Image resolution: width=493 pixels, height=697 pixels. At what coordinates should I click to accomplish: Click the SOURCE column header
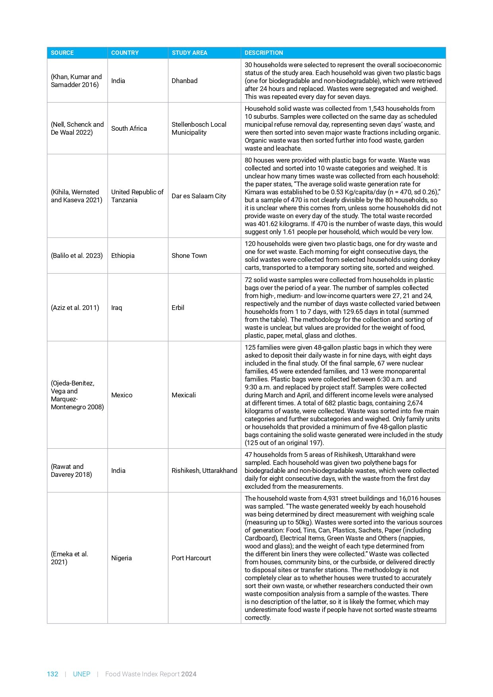62,53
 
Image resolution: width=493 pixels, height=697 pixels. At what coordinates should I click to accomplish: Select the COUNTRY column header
125,53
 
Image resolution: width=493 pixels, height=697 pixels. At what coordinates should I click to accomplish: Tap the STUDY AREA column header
189,53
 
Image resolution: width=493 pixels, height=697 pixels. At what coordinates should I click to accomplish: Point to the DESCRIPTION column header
264,53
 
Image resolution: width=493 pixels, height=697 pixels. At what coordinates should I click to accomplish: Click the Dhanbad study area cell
184,81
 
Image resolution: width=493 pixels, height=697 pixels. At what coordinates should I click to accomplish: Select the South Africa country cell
129,128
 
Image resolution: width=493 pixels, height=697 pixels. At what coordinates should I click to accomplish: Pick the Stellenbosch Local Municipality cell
199,128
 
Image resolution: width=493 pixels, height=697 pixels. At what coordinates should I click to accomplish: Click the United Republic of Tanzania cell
137,196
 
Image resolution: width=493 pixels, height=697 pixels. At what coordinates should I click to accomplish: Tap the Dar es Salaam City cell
199,196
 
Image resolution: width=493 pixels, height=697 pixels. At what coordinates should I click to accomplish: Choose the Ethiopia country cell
123,256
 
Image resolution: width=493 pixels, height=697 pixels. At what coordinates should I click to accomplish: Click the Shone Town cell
189,256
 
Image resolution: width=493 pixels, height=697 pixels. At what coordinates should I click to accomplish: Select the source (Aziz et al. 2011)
75,308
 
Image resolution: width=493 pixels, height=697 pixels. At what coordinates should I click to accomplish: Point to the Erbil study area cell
178,308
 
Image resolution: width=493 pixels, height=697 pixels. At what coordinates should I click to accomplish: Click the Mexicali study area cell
184,395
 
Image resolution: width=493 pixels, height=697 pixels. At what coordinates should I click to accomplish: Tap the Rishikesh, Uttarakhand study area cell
204,470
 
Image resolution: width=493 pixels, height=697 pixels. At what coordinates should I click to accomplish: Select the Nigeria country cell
122,558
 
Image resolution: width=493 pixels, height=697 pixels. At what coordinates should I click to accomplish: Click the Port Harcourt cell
191,558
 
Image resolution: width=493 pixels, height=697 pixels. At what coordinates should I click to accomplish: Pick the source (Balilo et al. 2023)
77,256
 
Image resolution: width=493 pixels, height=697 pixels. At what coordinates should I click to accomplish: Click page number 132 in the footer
52,674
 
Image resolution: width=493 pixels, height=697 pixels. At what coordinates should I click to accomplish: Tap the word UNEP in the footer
81,674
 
